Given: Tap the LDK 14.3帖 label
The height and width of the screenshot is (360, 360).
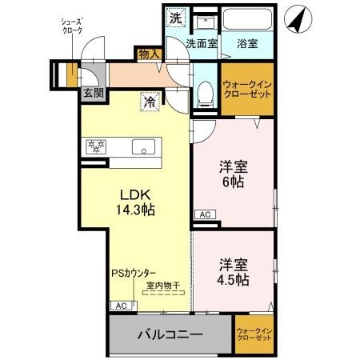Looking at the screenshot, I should pyautogui.click(x=138, y=202).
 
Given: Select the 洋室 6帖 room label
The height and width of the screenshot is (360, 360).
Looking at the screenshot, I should pyautogui.click(x=232, y=175).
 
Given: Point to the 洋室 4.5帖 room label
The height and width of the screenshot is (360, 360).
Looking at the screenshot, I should pyautogui.click(x=232, y=271).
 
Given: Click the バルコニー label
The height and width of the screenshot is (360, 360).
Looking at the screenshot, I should pyautogui.click(x=169, y=334).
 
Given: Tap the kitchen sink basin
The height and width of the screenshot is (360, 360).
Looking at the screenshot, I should pyautogui.click(x=145, y=147).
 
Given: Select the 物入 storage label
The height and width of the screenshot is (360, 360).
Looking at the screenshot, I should pyautogui.click(x=149, y=54).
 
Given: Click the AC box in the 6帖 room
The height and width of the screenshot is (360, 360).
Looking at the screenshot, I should pyautogui.click(x=205, y=214).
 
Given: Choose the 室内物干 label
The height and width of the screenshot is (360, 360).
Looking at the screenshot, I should pyautogui.click(x=162, y=284).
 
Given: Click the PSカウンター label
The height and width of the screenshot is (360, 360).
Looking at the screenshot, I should pyautogui.click(x=134, y=272).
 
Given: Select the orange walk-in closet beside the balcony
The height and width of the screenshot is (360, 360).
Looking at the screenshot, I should pyautogui.click(x=254, y=334).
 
